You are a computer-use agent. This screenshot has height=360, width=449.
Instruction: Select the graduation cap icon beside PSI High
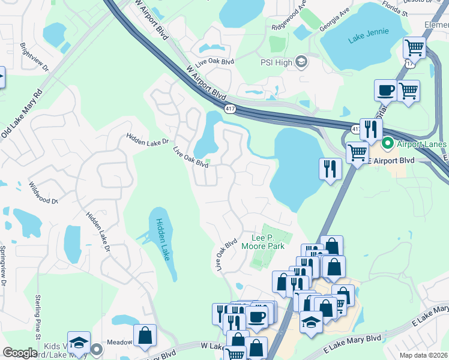[x=301, y=61]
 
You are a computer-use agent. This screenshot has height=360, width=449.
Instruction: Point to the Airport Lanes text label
[x=421, y=144]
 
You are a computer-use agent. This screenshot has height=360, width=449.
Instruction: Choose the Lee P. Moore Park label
[x=262, y=241]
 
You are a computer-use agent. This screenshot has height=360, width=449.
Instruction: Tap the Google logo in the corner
[x=20, y=353]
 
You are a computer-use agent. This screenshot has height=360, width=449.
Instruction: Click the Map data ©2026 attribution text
[x=423, y=355]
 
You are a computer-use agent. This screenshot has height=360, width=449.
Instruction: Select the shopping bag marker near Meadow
[x=145, y=336]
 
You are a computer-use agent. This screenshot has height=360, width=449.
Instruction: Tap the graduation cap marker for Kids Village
[x=79, y=343]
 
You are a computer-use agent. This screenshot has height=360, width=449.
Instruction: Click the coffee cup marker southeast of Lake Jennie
[x=385, y=91]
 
